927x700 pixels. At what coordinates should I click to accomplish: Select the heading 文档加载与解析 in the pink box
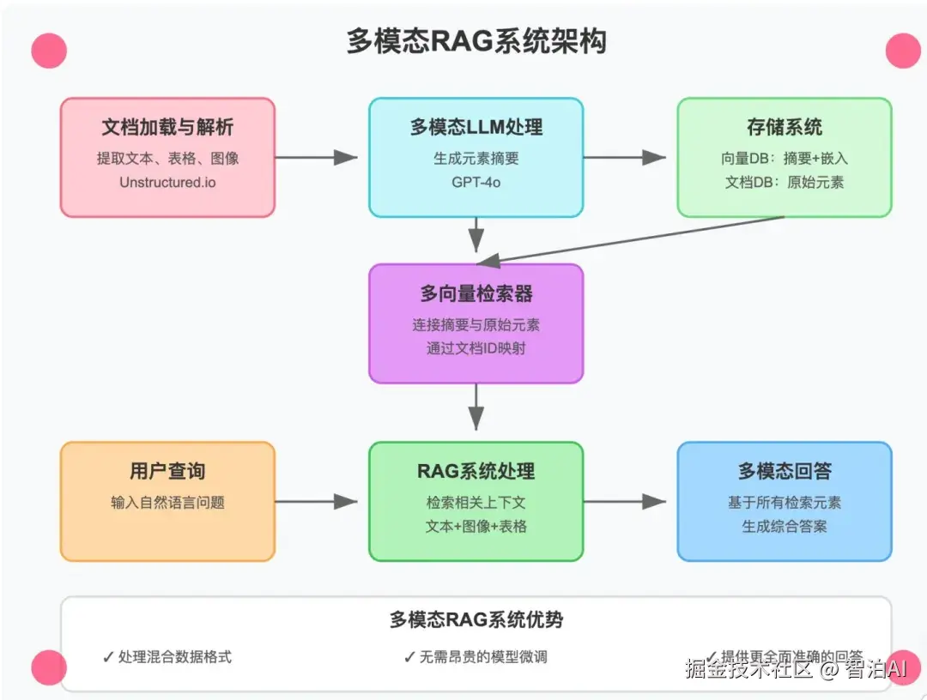tap(167, 128)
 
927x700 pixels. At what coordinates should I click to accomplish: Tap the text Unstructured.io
tap(167, 182)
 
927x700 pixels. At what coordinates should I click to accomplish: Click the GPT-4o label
tap(476, 182)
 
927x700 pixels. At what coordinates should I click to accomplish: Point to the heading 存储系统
tap(784, 128)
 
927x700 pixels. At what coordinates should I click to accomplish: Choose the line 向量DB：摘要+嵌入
tap(784, 159)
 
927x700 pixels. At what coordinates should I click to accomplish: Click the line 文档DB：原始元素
tap(784, 182)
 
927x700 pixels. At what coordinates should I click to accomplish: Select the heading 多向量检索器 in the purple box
tap(476, 294)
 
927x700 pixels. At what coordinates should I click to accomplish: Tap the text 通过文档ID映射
tap(476, 348)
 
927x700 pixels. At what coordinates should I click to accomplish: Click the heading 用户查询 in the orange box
tap(167, 472)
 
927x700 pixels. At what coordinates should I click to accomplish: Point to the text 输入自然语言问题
tap(167, 503)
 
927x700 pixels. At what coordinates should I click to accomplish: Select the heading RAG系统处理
tap(476, 472)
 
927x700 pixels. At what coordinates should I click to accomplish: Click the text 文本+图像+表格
tap(476, 526)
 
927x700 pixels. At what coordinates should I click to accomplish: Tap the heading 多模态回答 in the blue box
tap(784, 472)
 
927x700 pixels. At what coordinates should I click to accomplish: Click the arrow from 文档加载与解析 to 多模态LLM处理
tap(318, 157)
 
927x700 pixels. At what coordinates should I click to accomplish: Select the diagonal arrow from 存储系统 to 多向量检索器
tap(631, 238)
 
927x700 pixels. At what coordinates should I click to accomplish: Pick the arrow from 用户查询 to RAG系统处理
tap(318, 502)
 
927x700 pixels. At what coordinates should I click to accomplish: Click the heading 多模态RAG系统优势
tap(476, 620)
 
